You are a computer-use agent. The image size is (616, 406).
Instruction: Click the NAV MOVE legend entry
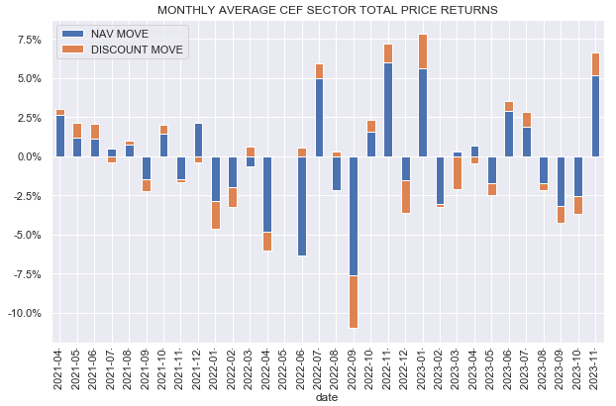click(x=118, y=34)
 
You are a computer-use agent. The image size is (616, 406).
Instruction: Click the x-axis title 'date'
click(x=327, y=397)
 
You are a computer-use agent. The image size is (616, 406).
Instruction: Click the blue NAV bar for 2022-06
click(x=302, y=206)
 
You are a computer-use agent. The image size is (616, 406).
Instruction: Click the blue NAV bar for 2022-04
click(x=267, y=194)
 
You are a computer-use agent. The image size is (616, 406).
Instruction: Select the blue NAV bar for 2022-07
click(x=319, y=118)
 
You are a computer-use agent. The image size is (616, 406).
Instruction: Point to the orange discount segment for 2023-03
click(x=458, y=172)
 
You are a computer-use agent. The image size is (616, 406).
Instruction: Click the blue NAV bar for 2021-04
click(x=60, y=137)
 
